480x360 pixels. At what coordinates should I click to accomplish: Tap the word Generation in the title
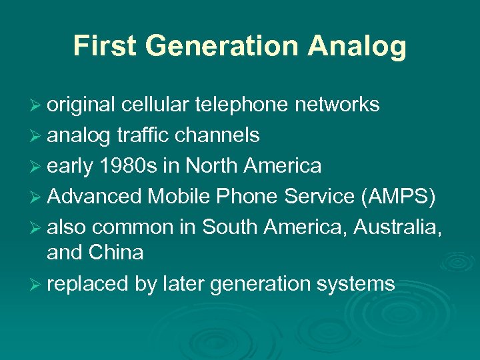pyautogui.click(x=218, y=46)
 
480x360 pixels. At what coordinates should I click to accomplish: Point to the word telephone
pyautogui.click(x=244, y=105)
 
